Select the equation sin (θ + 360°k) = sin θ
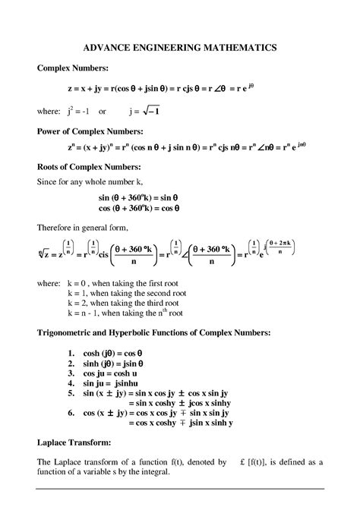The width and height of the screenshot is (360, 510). click(140, 197)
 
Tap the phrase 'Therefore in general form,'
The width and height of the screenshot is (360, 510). click(86, 228)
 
